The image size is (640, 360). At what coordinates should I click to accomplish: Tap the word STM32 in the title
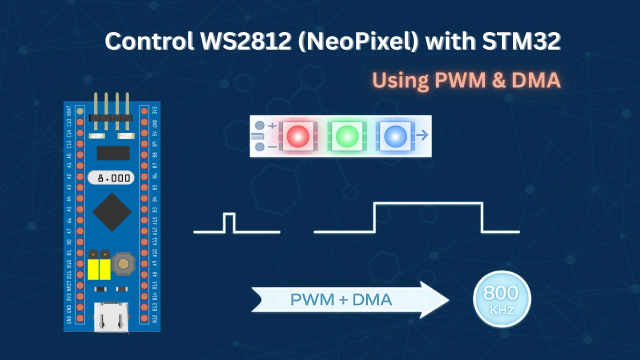[x=521, y=41]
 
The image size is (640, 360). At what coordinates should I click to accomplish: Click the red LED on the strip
[x=298, y=136]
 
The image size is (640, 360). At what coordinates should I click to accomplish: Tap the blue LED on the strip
[x=395, y=136]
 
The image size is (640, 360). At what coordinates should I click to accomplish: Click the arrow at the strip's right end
[x=422, y=135]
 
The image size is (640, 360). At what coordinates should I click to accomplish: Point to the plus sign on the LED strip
[x=272, y=125]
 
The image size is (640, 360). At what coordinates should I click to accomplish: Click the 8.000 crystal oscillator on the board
[x=111, y=177]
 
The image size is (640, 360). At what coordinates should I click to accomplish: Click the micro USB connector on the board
[x=111, y=317]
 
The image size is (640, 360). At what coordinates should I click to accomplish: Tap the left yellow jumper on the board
[x=92, y=269]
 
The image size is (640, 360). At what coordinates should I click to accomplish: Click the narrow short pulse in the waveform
[x=229, y=222]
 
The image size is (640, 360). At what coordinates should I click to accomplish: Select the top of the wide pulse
[x=428, y=203]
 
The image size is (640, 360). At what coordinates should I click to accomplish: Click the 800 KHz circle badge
[x=501, y=299]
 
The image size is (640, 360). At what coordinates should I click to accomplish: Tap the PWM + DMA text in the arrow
[x=341, y=300]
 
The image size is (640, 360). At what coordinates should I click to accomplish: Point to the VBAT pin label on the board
[x=69, y=110]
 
